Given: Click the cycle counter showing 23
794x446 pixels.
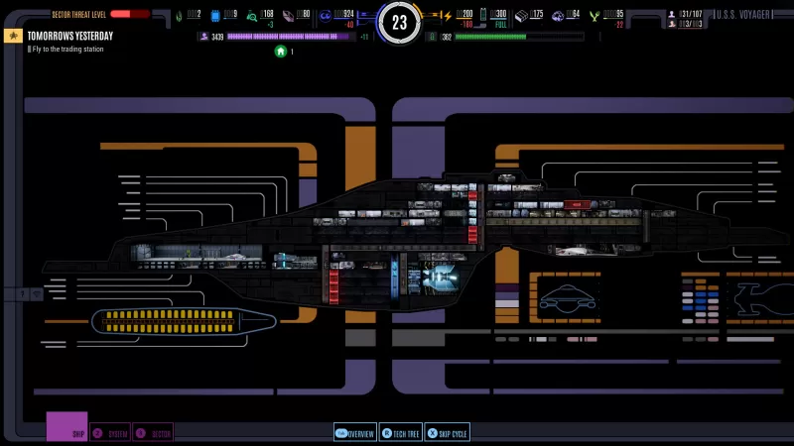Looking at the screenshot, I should point(399,22).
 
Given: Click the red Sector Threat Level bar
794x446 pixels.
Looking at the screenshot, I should point(129,14).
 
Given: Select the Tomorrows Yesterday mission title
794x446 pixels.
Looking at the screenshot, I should point(69,36).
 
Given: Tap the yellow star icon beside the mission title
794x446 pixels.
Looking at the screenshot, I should point(13,36).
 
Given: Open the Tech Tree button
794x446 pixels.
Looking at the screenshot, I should point(401,433).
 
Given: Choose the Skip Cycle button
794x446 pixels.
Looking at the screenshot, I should point(448,433).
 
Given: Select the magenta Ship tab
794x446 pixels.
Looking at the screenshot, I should point(67,427).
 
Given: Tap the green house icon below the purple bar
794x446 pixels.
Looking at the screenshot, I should point(281,51).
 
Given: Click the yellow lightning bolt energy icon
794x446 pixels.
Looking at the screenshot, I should point(447,15).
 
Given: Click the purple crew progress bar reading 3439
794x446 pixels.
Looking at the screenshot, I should point(289,36).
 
